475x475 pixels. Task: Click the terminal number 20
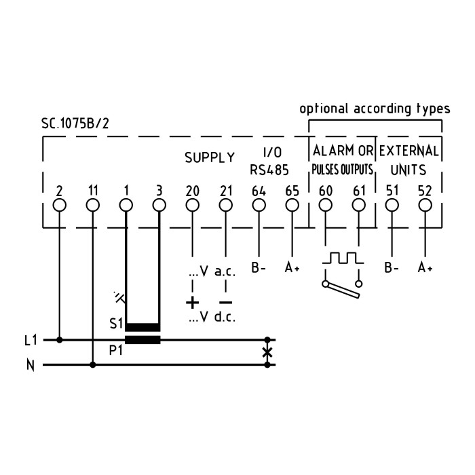click(x=193, y=190)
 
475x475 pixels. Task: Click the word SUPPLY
click(x=210, y=157)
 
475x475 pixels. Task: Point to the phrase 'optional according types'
click(x=375, y=109)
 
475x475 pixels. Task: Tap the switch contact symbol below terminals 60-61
click(x=342, y=287)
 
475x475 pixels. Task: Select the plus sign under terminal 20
click(x=193, y=302)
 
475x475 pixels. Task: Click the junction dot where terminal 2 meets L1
click(x=60, y=339)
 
